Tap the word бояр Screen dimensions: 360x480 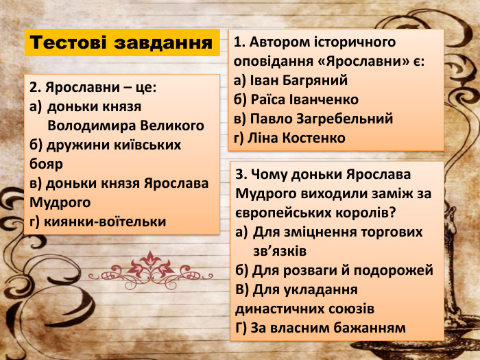(46, 164)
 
